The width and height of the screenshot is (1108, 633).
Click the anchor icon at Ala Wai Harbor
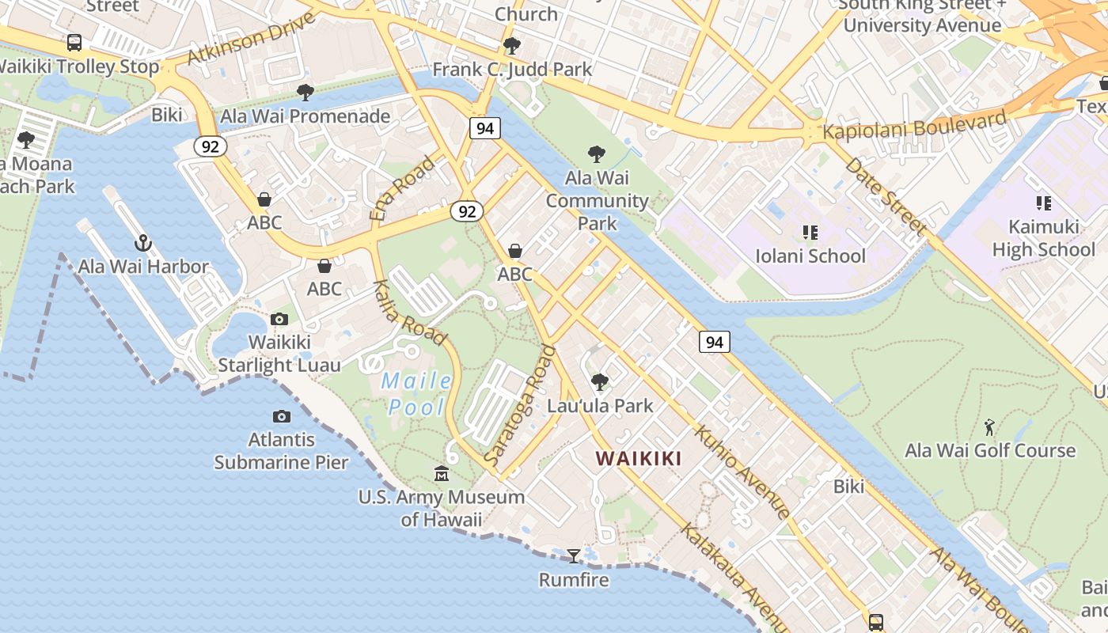pos(143,243)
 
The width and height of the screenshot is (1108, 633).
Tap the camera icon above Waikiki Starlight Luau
pos(279,320)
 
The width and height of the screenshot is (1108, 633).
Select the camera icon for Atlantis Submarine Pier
pos(281,417)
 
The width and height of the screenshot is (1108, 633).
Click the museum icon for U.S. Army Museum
pos(442,474)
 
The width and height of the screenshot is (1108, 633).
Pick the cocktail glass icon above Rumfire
pos(574,556)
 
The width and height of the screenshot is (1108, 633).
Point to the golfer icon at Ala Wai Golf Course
pos(989,428)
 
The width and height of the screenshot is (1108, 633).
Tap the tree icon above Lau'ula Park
pos(600,383)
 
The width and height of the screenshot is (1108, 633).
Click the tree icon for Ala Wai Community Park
pos(597,154)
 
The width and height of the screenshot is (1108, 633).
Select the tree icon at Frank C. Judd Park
pos(512,46)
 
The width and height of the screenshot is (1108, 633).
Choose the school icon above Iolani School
pos(810,233)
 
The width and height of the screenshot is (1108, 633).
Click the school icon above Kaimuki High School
pos(1043,203)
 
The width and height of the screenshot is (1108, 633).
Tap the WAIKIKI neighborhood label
pos(638,458)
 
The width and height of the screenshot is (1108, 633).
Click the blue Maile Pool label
pos(417,394)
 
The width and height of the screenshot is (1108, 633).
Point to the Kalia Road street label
pos(409,313)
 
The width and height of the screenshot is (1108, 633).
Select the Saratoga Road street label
pos(520,405)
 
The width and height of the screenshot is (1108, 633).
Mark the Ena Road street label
pos(402,188)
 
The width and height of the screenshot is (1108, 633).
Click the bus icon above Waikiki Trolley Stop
pos(74,43)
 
